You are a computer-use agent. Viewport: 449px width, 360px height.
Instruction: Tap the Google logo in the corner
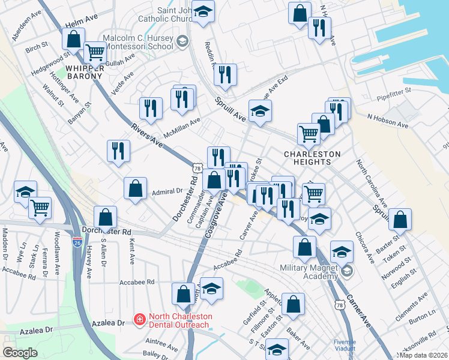[20, 352]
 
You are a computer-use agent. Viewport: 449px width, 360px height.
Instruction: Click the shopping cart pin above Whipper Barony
[95, 52]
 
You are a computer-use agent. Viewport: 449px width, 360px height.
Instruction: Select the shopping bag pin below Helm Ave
[73, 40]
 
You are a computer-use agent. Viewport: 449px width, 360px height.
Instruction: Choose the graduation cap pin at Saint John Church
[203, 13]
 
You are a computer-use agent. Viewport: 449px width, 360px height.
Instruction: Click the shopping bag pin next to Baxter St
[399, 220]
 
